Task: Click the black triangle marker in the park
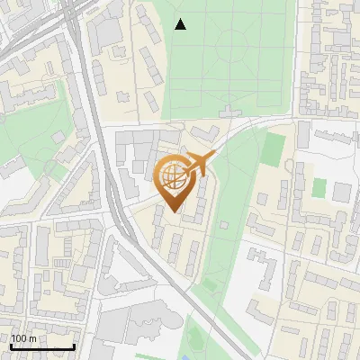pyautogui.click(x=181, y=24)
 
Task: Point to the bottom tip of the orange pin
pyautogui.click(x=173, y=211)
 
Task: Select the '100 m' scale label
pyautogui.click(x=23, y=338)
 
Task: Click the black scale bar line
pyautogui.click(x=42, y=346)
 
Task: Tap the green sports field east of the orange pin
pyautogui.click(x=274, y=150)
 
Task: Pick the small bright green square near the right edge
pyautogui.click(x=319, y=187)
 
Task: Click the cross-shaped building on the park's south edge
pyautogui.click(x=233, y=114)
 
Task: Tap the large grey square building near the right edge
pyautogui.click(x=341, y=192)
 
